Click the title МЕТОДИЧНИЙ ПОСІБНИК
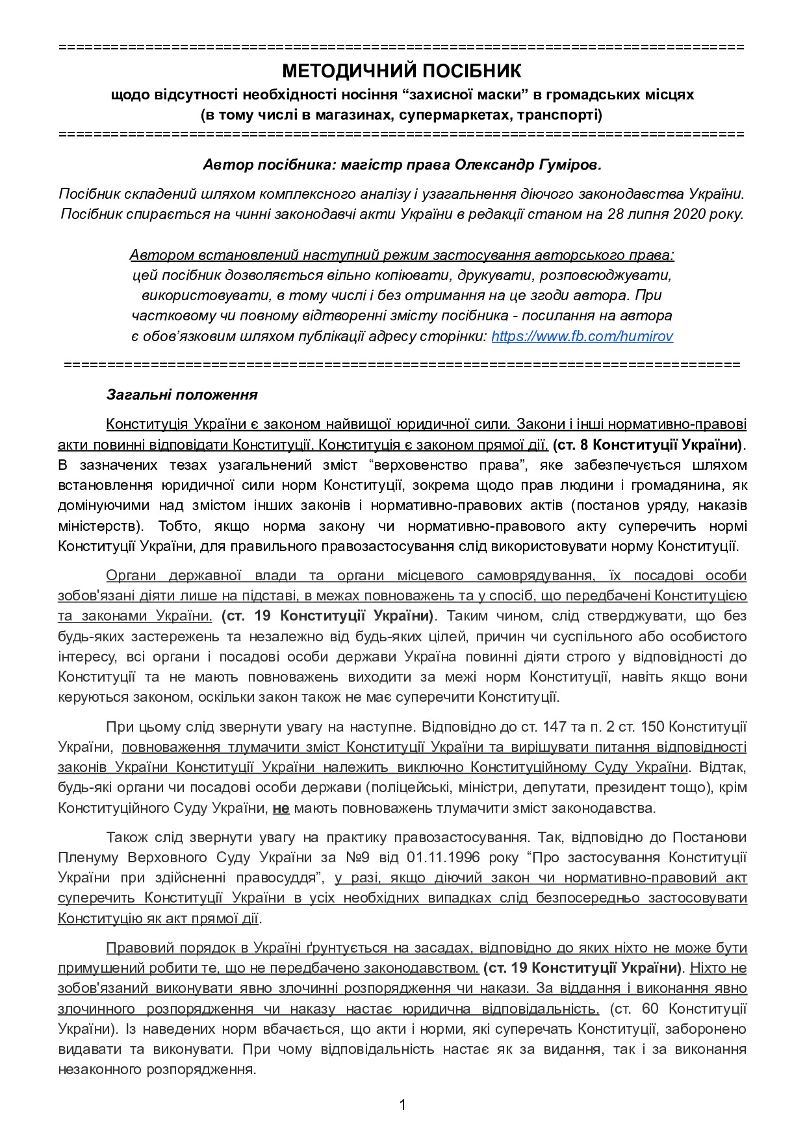402,71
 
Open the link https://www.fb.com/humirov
581,337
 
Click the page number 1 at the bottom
402,1105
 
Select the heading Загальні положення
182,394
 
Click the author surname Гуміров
569,165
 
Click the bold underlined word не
281,808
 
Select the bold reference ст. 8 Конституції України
647,445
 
